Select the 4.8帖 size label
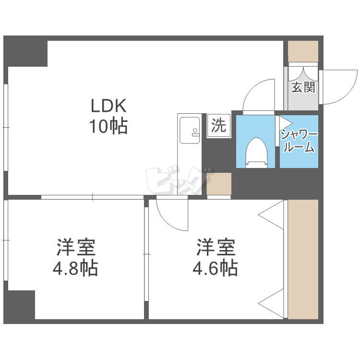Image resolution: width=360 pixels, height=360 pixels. click(x=75, y=268)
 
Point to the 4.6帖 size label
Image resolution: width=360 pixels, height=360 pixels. click(x=215, y=268)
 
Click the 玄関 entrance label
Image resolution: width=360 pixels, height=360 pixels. click(x=303, y=87)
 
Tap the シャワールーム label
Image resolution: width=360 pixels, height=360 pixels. click(x=299, y=141)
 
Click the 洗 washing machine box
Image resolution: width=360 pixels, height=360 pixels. click(x=218, y=126)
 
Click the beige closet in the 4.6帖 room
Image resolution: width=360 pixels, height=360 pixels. click(x=303, y=259)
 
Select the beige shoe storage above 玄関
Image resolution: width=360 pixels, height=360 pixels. click(x=303, y=51)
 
